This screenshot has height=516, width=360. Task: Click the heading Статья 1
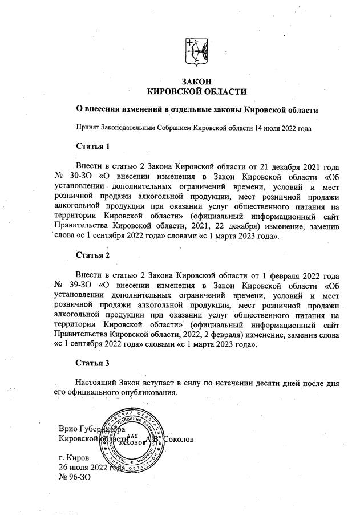tap(92, 147)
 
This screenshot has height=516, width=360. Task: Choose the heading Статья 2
tap(92, 255)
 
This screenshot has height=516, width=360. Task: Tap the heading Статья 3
tap(92, 362)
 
